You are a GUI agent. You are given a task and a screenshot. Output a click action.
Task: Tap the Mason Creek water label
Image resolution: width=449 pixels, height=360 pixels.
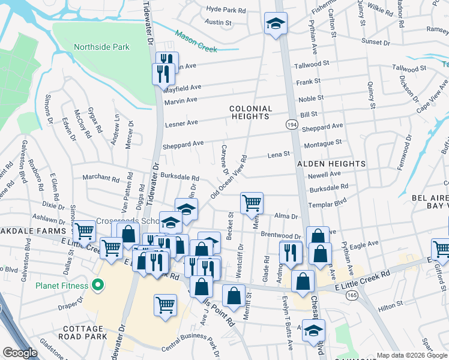pyautogui.click(x=197, y=43)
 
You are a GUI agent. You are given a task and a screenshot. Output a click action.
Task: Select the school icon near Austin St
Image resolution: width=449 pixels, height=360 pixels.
pyautogui.click(x=276, y=24)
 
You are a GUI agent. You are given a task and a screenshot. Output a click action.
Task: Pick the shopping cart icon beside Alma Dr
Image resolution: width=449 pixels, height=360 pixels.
pyautogui.click(x=252, y=203)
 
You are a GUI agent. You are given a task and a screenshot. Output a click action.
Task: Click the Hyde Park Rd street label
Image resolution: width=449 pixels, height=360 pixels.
pyautogui.click(x=226, y=10)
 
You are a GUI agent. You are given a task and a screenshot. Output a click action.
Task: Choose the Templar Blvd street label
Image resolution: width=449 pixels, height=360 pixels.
pyautogui.click(x=328, y=205)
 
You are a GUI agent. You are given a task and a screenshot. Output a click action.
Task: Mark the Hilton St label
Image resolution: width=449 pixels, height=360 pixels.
pyautogui.click(x=391, y=308)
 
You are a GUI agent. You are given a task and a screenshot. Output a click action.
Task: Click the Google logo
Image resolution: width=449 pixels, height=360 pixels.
pyautogui.click(x=20, y=353)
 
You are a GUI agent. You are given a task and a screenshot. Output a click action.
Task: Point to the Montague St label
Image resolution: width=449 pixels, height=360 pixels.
pyautogui.click(x=322, y=143)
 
